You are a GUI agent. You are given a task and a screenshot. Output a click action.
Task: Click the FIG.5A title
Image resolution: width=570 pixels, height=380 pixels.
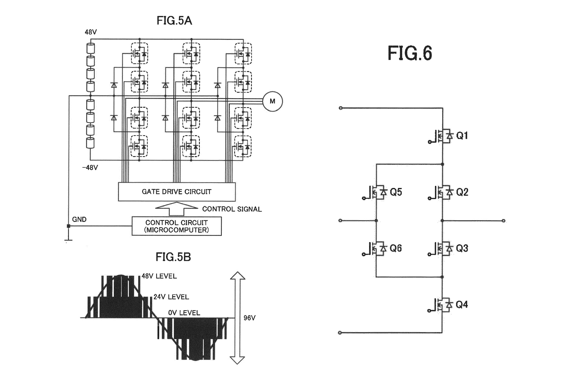point(174,21)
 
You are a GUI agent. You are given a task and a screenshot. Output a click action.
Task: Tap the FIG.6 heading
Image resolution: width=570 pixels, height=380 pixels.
point(410,53)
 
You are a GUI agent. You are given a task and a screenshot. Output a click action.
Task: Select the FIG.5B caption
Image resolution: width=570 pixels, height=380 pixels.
point(173,257)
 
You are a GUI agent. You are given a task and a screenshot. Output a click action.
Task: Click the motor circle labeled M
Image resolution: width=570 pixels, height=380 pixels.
point(272,101)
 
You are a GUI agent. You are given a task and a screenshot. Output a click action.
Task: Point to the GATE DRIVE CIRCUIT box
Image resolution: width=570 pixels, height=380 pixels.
point(177,192)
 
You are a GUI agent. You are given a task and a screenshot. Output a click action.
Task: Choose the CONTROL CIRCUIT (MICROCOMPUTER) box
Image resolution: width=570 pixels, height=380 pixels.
point(177,226)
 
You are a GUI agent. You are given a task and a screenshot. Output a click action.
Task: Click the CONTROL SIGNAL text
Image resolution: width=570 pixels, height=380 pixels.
point(232,209)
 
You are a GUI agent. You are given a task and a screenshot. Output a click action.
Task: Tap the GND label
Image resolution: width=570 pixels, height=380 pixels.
point(79,219)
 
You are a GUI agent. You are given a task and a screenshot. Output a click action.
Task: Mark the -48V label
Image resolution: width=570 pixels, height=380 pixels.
point(90,168)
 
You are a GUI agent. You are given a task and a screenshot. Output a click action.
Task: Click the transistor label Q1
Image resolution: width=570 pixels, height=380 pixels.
point(462,136)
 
